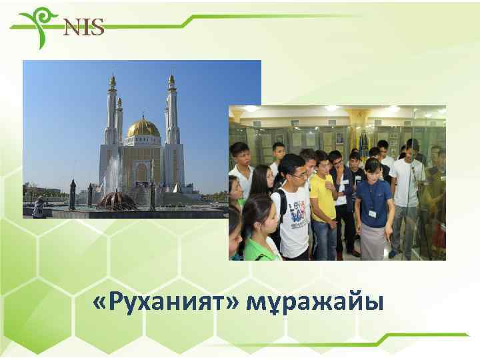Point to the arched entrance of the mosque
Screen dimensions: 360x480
(x=141, y=174)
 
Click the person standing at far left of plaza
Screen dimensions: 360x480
(x=38, y=207)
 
